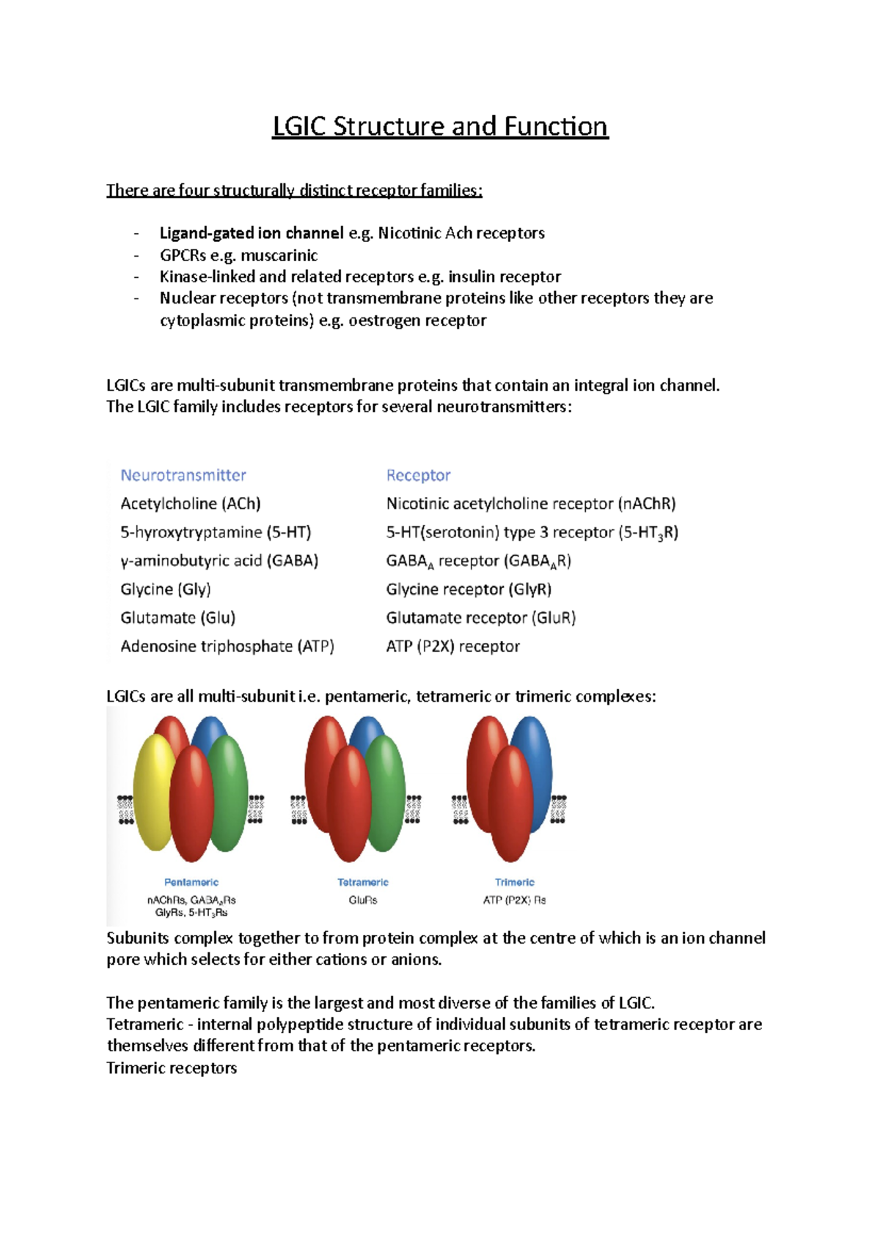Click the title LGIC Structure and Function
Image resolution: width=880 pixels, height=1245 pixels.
coord(440,126)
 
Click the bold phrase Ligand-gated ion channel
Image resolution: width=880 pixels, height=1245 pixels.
coord(252,233)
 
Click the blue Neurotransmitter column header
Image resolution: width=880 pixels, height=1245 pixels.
coord(183,475)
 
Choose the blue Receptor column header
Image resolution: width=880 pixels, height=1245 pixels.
coord(418,475)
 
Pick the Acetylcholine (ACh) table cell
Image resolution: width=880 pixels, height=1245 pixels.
coord(191,504)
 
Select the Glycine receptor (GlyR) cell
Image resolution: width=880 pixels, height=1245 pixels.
coord(469,590)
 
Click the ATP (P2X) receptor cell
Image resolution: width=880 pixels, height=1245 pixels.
coord(452,647)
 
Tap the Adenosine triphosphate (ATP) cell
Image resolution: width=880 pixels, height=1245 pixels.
coord(227,647)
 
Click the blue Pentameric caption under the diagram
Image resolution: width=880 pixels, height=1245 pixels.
coord(191,882)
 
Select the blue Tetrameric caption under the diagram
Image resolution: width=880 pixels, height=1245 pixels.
coord(363,882)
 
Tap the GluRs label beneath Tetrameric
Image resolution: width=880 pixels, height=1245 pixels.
coord(363,900)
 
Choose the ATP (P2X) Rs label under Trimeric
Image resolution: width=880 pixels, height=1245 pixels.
coord(514,900)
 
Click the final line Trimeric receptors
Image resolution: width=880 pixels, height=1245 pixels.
coord(172,1068)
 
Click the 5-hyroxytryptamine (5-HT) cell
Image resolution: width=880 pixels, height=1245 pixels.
coord(216,532)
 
